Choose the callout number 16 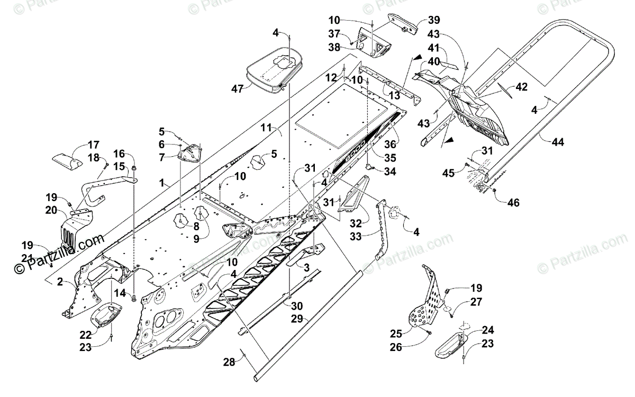pos(119,154)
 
